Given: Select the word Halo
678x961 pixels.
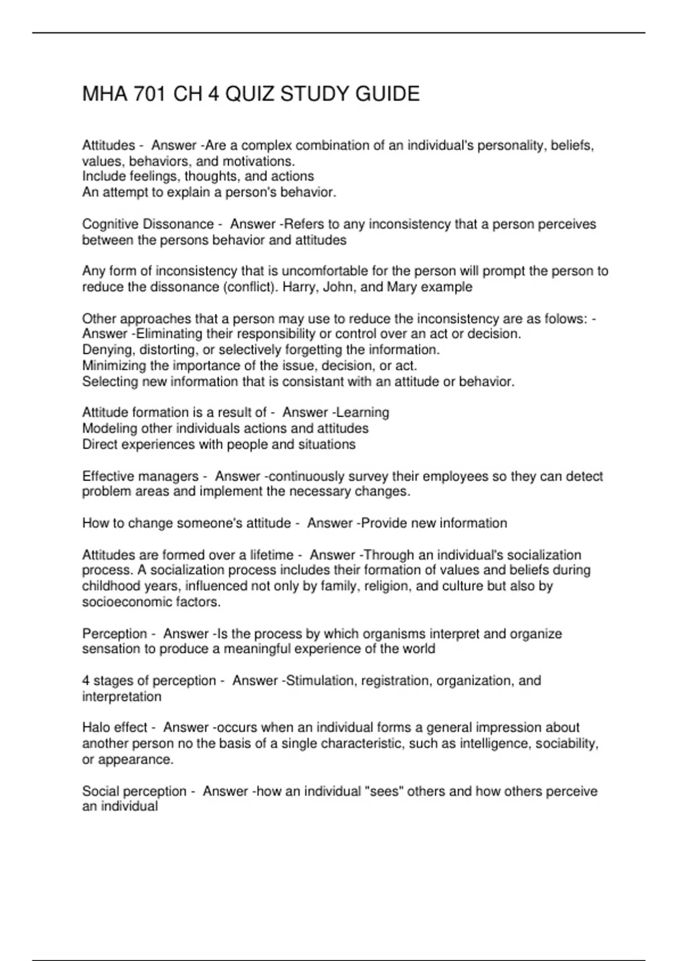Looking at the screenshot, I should (x=96, y=728).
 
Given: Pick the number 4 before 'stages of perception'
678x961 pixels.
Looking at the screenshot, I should (x=86, y=681).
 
